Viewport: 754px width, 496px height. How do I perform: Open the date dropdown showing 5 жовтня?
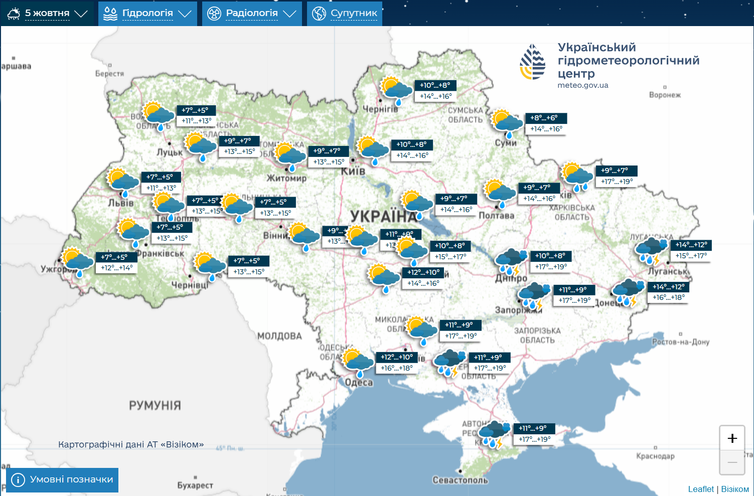(47, 14)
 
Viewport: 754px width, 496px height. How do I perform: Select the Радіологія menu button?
(252, 14)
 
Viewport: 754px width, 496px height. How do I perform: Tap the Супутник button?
(345, 14)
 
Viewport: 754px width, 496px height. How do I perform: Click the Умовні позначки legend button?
(62, 480)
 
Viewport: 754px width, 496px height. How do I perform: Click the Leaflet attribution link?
(700, 489)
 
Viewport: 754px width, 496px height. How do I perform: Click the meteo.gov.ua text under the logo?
(582, 85)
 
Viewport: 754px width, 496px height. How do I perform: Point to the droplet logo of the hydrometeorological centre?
(532, 62)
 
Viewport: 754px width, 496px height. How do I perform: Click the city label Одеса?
(359, 383)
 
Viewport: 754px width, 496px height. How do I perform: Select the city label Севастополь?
(460, 480)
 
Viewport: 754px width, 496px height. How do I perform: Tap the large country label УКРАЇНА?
(384, 216)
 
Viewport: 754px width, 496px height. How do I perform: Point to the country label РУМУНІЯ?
(155, 405)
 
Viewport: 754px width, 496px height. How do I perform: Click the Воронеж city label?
(665, 95)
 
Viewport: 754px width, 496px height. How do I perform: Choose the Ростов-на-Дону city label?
(680, 342)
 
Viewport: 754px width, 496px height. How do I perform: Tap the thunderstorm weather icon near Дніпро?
(511, 262)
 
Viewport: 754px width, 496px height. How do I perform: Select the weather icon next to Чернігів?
(396, 91)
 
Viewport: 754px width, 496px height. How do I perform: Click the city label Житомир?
(286, 178)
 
